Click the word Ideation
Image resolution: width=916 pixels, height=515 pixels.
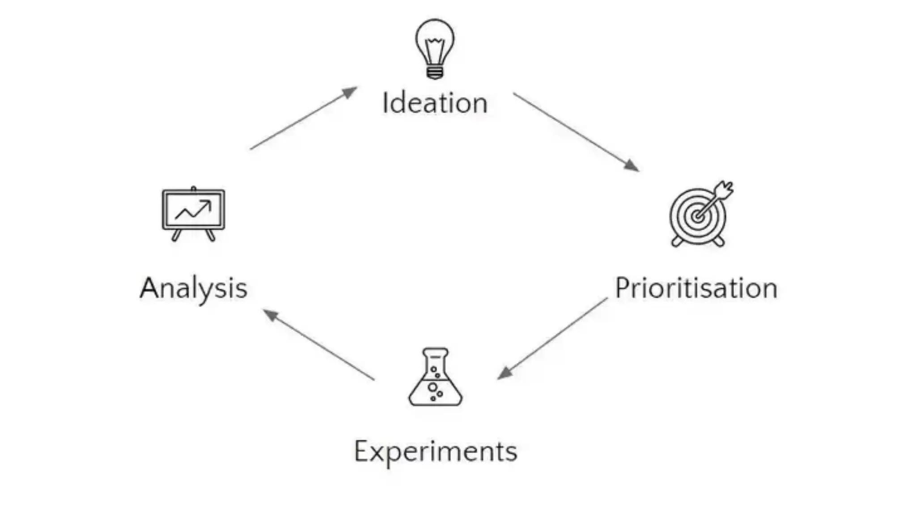click(435, 103)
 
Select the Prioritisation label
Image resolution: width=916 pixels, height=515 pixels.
click(696, 288)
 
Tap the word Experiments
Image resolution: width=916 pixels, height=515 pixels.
click(436, 452)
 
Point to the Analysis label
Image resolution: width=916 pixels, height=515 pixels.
click(194, 288)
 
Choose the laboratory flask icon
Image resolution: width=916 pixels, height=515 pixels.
click(435, 378)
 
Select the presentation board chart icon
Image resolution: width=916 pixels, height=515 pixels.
click(194, 213)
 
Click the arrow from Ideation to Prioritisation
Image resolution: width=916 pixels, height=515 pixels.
click(576, 132)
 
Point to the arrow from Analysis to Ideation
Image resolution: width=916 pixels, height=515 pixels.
click(304, 118)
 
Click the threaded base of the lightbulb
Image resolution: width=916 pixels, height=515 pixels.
click(435, 72)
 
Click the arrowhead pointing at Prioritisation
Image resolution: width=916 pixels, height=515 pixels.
click(632, 165)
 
